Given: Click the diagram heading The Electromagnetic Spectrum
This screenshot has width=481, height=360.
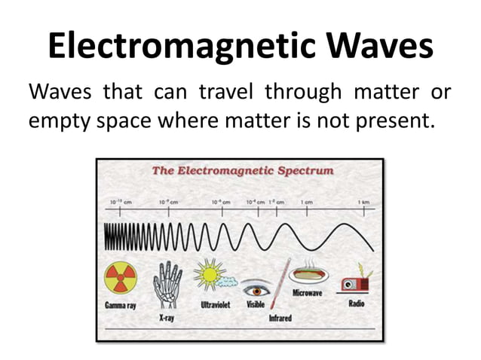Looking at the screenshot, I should click(242, 171).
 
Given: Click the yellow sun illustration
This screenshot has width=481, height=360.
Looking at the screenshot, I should click(207, 273).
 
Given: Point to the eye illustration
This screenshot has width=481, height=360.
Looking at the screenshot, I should click(256, 288).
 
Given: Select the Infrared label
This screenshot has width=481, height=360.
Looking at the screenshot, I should click(280, 319).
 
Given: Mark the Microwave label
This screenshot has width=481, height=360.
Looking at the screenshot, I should click(308, 293).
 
